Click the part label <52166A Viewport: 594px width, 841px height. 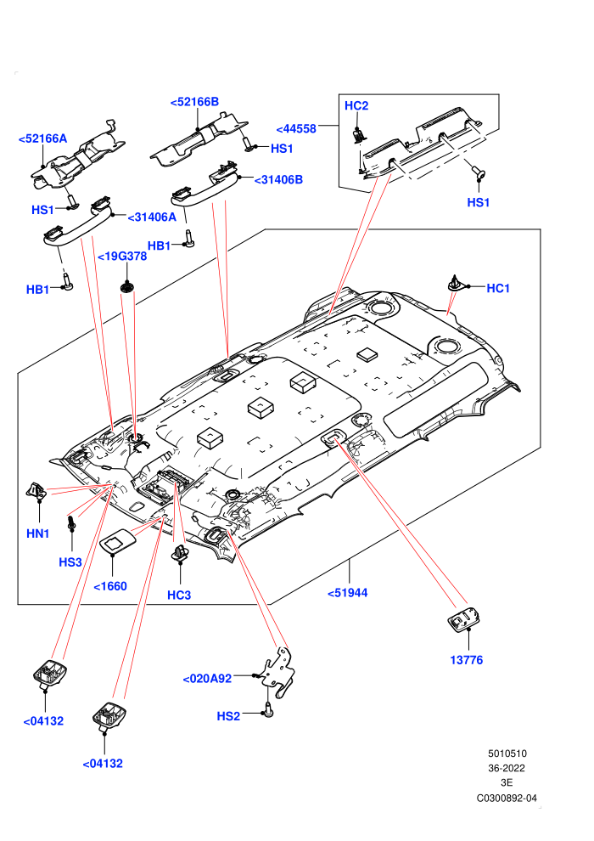(x=42, y=138)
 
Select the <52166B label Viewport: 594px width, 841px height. (x=194, y=102)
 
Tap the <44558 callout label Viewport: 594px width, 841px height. (x=296, y=129)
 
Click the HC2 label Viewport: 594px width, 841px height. (x=356, y=105)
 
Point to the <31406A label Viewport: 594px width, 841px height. (x=152, y=217)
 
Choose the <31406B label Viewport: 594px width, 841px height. (x=278, y=180)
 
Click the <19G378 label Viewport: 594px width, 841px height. (x=122, y=257)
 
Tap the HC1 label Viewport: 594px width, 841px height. (x=498, y=288)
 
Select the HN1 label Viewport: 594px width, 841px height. (x=38, y=533)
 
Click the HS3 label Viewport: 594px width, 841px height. (x=70, y=562)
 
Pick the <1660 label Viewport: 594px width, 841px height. (x=110, y=586)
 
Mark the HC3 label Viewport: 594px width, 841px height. (x=179, y=595)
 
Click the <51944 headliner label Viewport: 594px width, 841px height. (x=348, y=593)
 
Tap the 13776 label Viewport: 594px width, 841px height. (x=467, y=660)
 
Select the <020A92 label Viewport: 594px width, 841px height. (x=207, y=679)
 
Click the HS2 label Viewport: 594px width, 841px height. (x=228, y=716)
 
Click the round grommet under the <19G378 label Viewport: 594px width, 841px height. (x=127, y=287)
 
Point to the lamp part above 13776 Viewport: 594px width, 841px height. (x=464, y=621)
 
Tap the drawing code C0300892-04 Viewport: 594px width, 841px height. (x=507, y=798)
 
